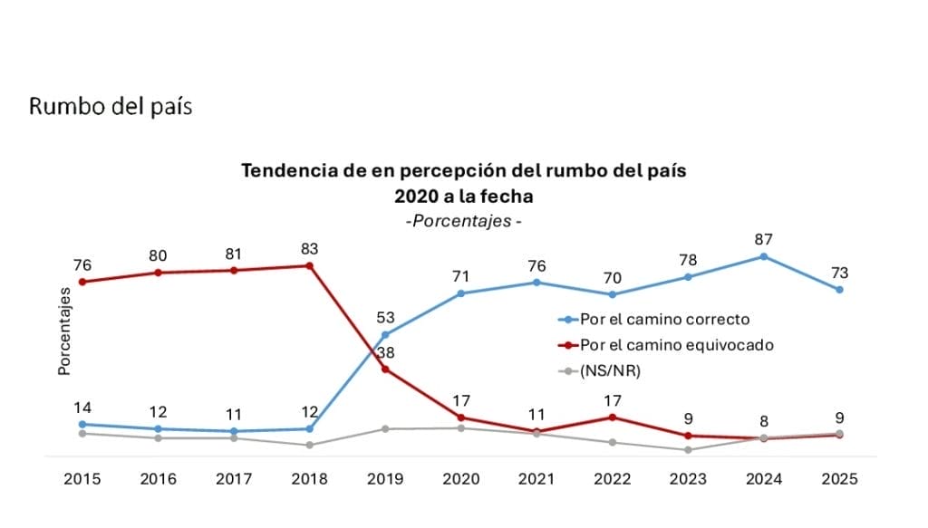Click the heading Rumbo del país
[111, 106]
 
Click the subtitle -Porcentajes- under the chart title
[463, 221]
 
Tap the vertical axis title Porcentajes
[64, 332]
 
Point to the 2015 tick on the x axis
[82, 480]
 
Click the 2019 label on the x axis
[386, 480]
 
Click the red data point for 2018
[310, 265]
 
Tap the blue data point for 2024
[764, 256]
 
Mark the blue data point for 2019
[386, 334]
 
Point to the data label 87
[764, 239]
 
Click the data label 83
[310, 248]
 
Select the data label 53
[386, 317]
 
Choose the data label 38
[386, 352]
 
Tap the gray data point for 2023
[689, 449]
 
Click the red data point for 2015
[82, 282]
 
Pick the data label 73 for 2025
[840, 273]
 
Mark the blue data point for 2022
[614, 294]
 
